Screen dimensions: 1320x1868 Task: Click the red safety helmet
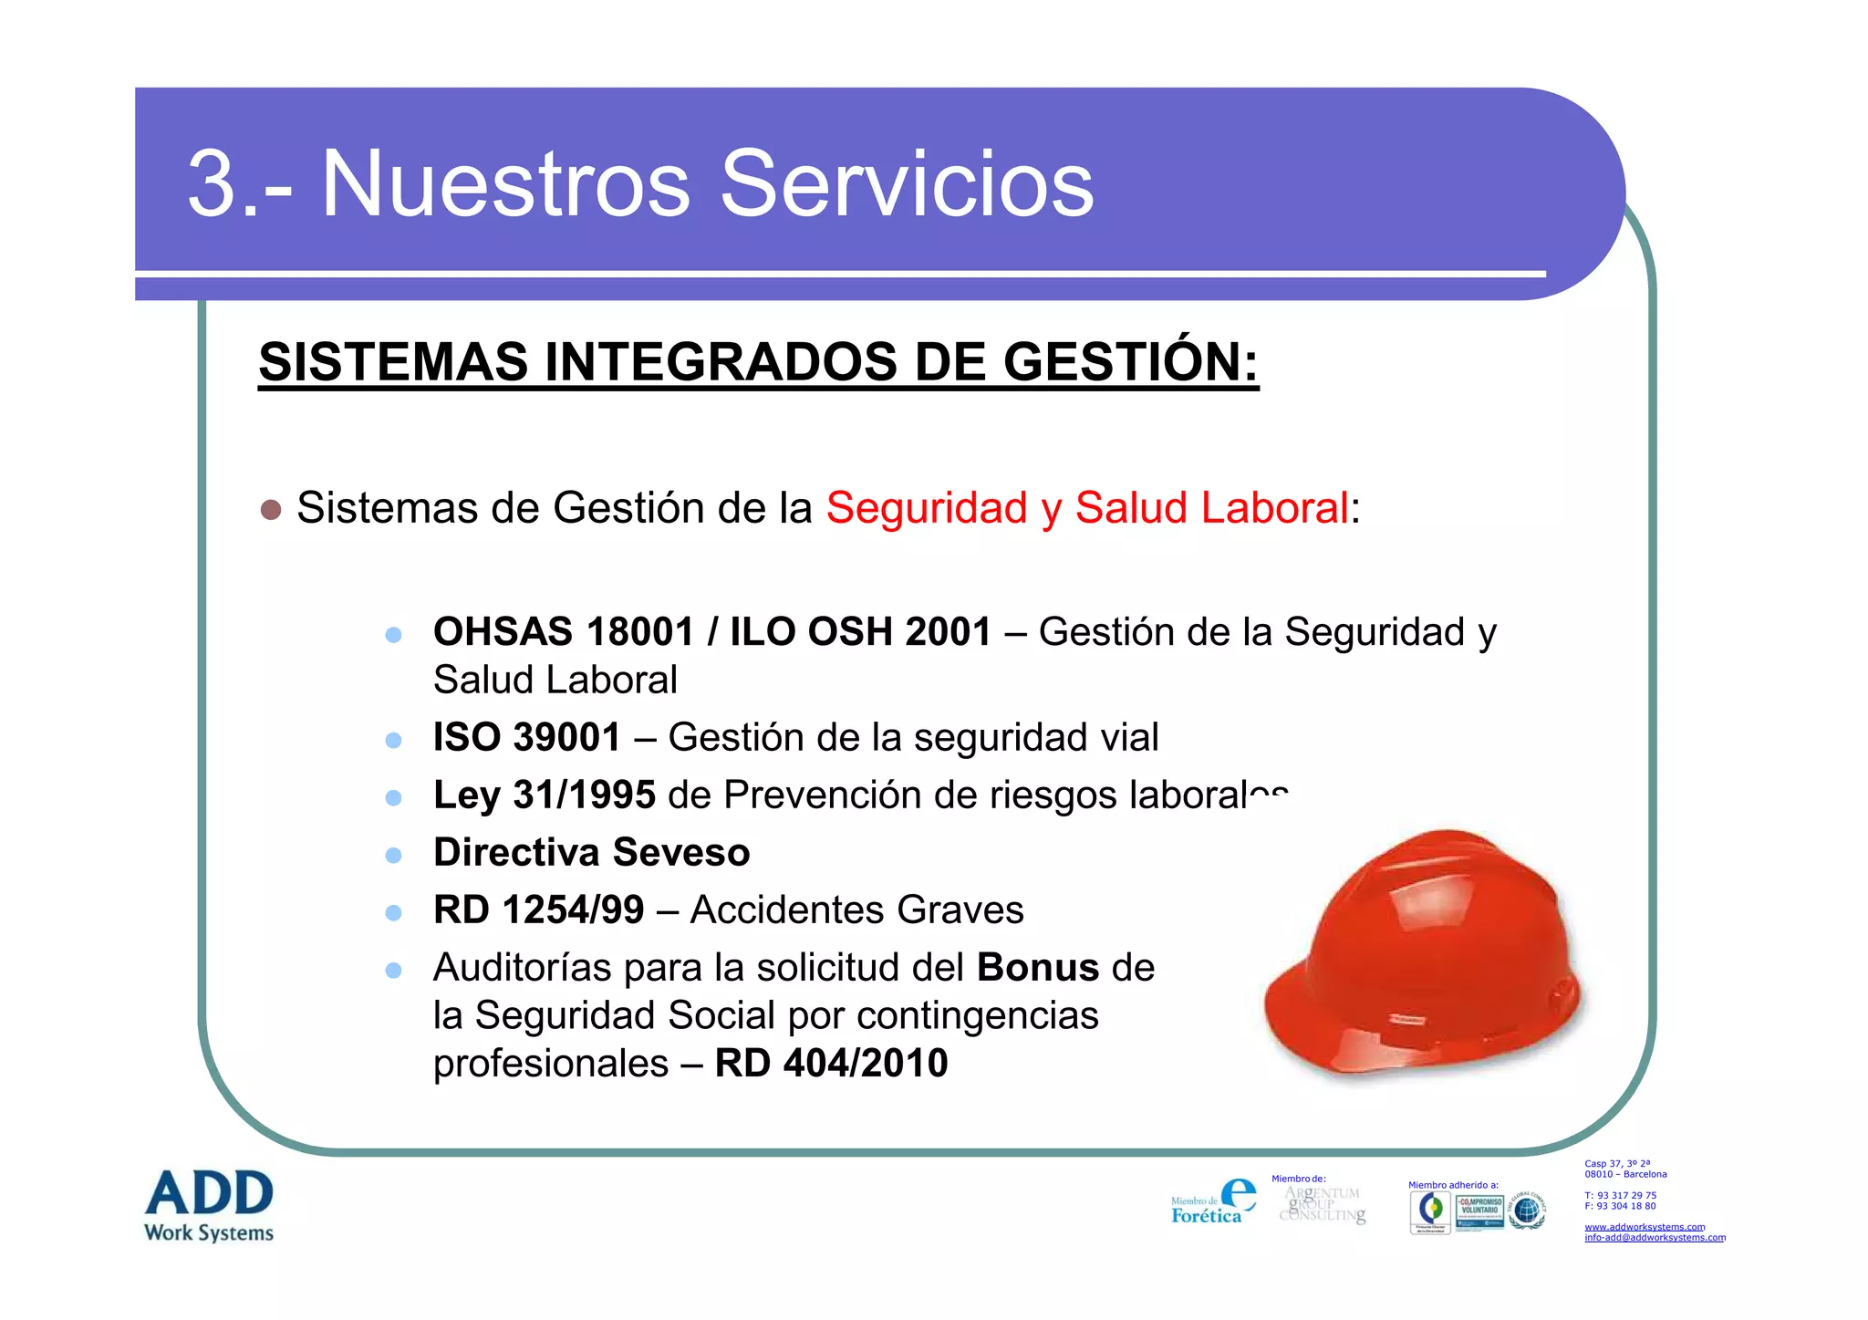[1423, 953]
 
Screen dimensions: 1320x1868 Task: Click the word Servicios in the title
[907, 184]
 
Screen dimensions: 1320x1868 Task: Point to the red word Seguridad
[927, 508]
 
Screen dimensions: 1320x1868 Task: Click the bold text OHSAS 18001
[564, 631]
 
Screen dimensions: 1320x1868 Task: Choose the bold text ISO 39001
[527, 737]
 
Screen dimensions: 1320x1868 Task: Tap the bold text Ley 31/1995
[545, 795]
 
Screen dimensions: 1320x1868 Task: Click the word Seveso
[681, 852]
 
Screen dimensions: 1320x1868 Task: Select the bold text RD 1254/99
[538, 909]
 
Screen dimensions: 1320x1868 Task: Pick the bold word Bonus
[1038, 967]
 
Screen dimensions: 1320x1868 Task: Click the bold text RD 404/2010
[831, 1063]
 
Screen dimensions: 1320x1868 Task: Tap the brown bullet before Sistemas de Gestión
[271, 509]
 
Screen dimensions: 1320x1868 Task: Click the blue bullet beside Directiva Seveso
[394, 855]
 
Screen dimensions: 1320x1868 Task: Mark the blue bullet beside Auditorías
[394, 970]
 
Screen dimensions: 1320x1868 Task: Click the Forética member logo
[1213, 1202]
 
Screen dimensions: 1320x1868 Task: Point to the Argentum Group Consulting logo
[1323, 1204]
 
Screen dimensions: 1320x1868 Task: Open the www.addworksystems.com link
[1645, 1227]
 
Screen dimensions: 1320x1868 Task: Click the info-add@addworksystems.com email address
[1655, 1238]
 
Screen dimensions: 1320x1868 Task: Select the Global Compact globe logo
[1527, 1211]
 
